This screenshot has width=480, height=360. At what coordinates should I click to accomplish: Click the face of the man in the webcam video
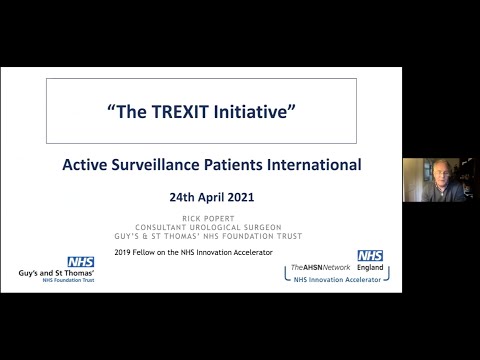[441, 177]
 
